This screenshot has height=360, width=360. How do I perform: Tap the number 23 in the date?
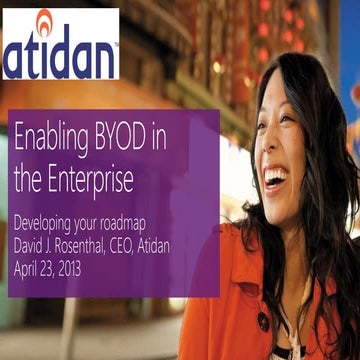[x=61, y=268]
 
